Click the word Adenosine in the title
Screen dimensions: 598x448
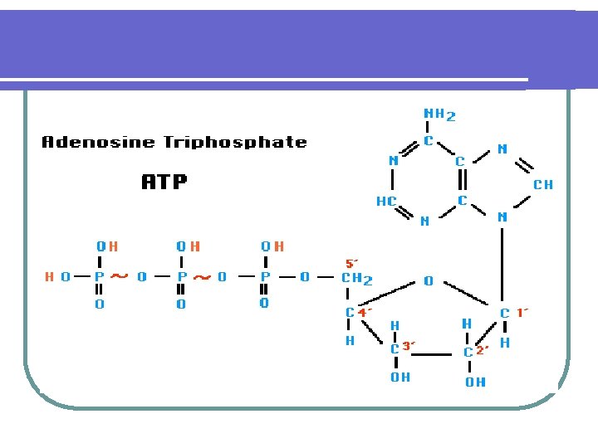(98, 142)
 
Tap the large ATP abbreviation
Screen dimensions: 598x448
(164, 182)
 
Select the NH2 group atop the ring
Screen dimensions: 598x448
(439, 114)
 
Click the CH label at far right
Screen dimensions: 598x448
(542, 184)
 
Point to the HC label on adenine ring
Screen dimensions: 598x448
(386, 201)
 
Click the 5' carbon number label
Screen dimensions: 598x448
(351, 262)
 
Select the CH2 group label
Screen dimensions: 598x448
(357, 279)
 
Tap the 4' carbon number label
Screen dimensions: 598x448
(365, 313)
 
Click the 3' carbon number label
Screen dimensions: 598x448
(409, 345)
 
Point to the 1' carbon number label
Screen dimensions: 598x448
(522, 313)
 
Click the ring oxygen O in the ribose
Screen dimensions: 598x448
(428, 281)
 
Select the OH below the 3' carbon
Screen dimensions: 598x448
(399, 377)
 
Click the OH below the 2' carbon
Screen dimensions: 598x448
(476, 382)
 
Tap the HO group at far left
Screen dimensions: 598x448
(56, 276)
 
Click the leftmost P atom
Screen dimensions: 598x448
(99, 276)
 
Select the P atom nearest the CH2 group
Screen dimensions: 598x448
(265, 276)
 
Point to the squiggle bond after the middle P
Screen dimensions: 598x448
(201, 277)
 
